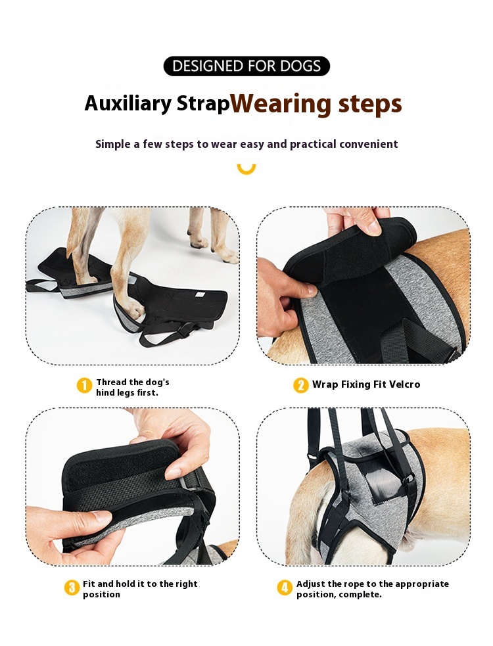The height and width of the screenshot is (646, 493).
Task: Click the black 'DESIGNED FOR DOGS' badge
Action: pos(246,66)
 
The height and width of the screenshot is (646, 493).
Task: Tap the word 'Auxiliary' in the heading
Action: pos(128,103)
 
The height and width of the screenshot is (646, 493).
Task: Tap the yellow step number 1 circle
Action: pos(85,386)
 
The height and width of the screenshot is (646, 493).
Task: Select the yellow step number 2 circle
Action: pos(301,385)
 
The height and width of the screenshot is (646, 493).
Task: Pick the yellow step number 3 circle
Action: pos(72,588)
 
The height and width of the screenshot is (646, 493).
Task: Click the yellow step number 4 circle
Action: pos(285,588)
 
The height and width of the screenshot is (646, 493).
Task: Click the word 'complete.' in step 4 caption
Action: pos(360,595)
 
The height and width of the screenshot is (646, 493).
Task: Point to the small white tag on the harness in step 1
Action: pos(200,294)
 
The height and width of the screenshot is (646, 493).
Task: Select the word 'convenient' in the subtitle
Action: pos(369,144)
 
